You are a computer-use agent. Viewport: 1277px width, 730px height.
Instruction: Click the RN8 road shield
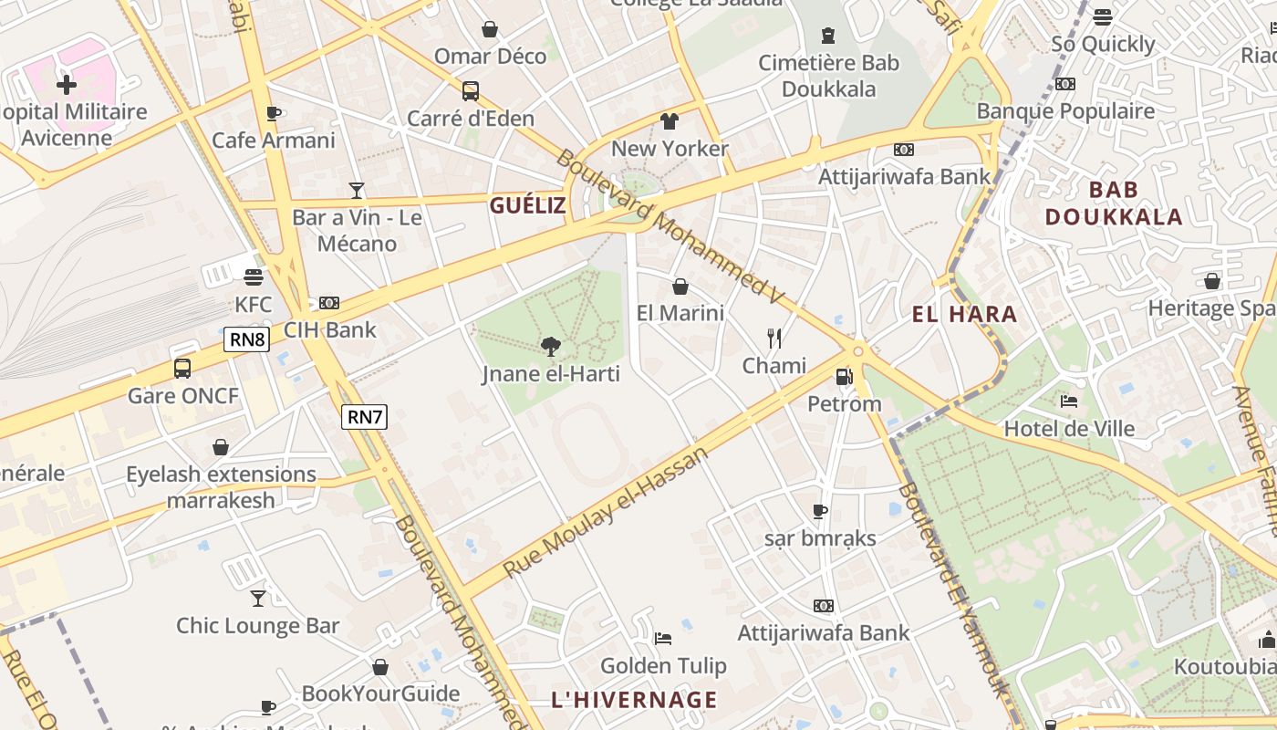pos(246,340)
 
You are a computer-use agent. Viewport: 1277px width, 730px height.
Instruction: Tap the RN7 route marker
pos(365,417)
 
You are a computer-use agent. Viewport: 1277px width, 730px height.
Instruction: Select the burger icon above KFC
pos(254,277)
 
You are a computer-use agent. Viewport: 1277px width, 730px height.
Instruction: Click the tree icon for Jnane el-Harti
pos(550,346)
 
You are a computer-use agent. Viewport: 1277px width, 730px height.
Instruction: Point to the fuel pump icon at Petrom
pos(844,376)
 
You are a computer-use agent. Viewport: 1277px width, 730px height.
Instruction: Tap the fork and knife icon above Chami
pos(774,339)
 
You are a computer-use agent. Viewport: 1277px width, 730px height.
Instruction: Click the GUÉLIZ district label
pos(527,205)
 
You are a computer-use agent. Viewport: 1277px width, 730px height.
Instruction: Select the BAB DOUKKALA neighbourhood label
pos(1113,203)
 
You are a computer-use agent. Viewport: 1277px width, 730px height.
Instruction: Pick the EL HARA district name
pos(964,315)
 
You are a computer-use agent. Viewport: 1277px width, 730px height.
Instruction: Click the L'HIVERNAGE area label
pos(634,700)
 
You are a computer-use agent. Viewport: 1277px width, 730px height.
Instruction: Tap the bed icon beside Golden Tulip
pos(663,638)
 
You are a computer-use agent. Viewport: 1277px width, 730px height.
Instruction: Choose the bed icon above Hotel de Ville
pos(1069,401)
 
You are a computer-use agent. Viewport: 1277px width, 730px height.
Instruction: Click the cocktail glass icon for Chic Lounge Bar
pos(258,598)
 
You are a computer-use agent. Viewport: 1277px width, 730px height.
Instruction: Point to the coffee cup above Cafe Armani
pos(273,113)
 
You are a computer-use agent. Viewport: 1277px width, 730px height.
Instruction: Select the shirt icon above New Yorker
pos(670,121)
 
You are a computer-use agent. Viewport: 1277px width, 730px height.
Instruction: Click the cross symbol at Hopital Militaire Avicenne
pos(66,85)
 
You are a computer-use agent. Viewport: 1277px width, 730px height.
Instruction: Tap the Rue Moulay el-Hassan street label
pos(605,511)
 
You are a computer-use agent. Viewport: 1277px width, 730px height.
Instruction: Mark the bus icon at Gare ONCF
pos(182,369)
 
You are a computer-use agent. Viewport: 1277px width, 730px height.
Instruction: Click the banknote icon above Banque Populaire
pos(1064,84)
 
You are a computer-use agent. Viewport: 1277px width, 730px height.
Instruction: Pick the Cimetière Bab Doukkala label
pos(828,76)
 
